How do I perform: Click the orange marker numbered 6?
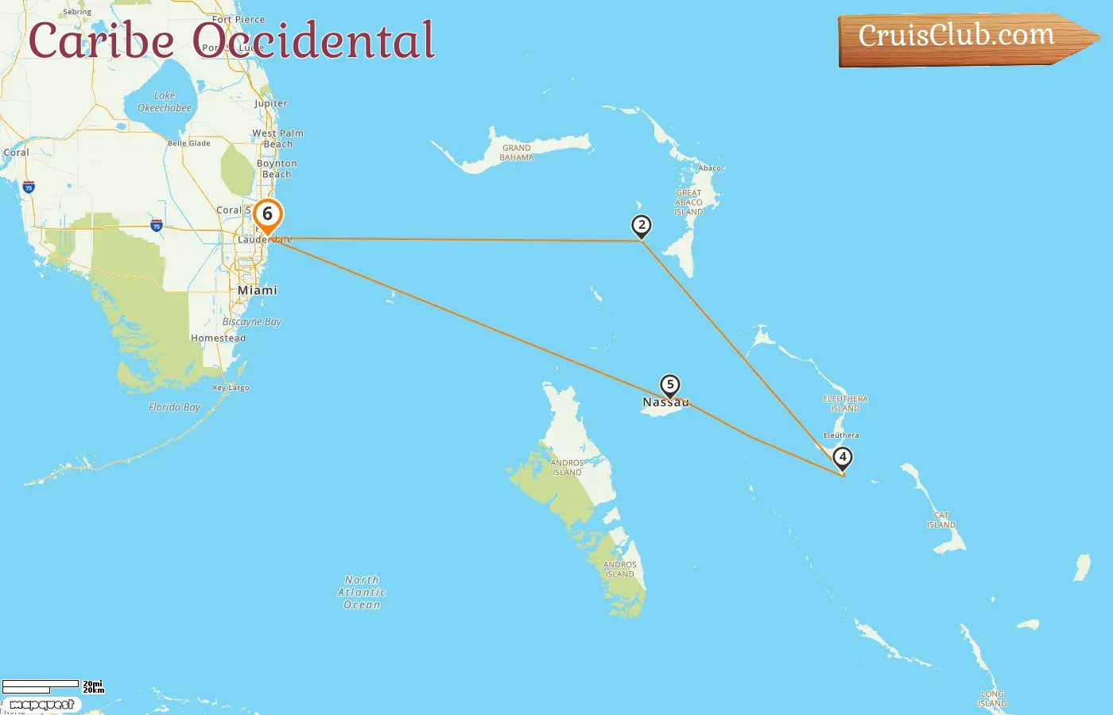pyautogui.click(x=268, y=214)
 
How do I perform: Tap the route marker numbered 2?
pyautogui.click(x=641, y=226)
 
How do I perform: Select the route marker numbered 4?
pyautogui.click(x=842, y=458)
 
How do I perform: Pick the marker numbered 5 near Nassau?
pyautogui.click(x=670, y=385)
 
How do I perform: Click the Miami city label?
pyautogui.click(x=258, y=291)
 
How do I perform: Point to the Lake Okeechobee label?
pyautogui.click(x=165, y=102)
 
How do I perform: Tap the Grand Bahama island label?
pyautogui.click(x=517, y=153)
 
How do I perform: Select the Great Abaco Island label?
pyautogui.click(x=688, y=203)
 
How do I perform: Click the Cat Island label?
pyautogui.click(x=941, y=520)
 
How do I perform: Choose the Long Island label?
pyautogui.click(x=992, y=699)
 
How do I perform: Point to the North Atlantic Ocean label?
pyautogui.click(x=362, y=593)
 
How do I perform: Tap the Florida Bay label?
pyautogui.click(x=174, y=408)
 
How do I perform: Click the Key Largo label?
pyautogui.click(x=231, y=388)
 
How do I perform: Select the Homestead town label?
pyautogui.click(x=218, y=338)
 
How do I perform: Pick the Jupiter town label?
pyautogui.click(x=271, y=104)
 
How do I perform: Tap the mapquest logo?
pyautogui.click(x=41, y=705)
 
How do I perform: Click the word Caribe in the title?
pyautogui.click(x=101, y=41)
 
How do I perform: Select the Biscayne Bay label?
pyautogui.click(x=252, y=322)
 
